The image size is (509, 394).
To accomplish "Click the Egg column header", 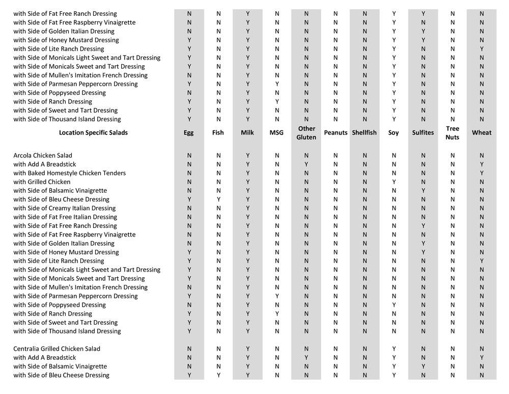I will coord(189,133).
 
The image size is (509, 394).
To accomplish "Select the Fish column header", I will coord(218,133).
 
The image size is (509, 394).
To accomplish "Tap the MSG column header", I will coord(276,133).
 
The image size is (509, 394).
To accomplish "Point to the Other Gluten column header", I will coord(306,133).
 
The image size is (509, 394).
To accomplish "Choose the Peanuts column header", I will coord(335,133).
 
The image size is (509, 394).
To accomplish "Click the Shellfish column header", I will coord(364,133).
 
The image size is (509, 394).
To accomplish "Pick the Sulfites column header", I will coord(423,133).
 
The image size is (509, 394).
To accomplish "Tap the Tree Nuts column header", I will coord(452,133).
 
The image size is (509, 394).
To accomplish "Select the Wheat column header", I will coord(482,133).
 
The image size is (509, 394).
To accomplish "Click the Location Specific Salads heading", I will coord(93,133).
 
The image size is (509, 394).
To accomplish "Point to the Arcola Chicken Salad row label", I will coord(43,155).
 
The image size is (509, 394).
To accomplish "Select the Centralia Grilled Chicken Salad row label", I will coord(56,349).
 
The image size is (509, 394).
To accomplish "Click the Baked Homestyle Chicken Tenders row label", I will coord(69,173).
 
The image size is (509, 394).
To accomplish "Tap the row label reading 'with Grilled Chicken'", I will coord(42,182).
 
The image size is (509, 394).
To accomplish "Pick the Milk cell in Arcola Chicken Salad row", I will coord(247,155).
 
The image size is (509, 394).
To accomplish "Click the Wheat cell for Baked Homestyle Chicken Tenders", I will coord(482,173).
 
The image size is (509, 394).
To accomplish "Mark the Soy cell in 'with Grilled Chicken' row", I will coord(393,182).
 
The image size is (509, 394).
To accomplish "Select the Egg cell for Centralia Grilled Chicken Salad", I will coord(189,349).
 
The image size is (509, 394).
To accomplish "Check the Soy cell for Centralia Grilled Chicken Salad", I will coord(393,349).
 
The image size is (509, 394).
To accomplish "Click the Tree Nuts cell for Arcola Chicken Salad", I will coord(452,155).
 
